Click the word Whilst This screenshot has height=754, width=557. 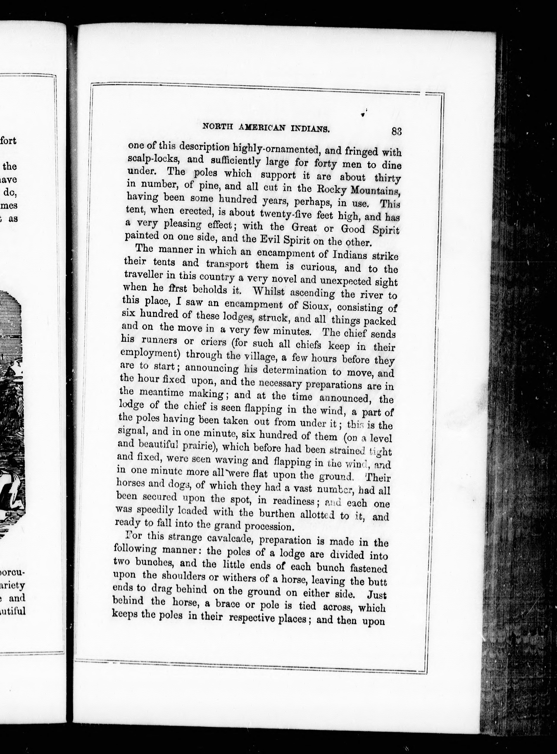click(x=269, y=291)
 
